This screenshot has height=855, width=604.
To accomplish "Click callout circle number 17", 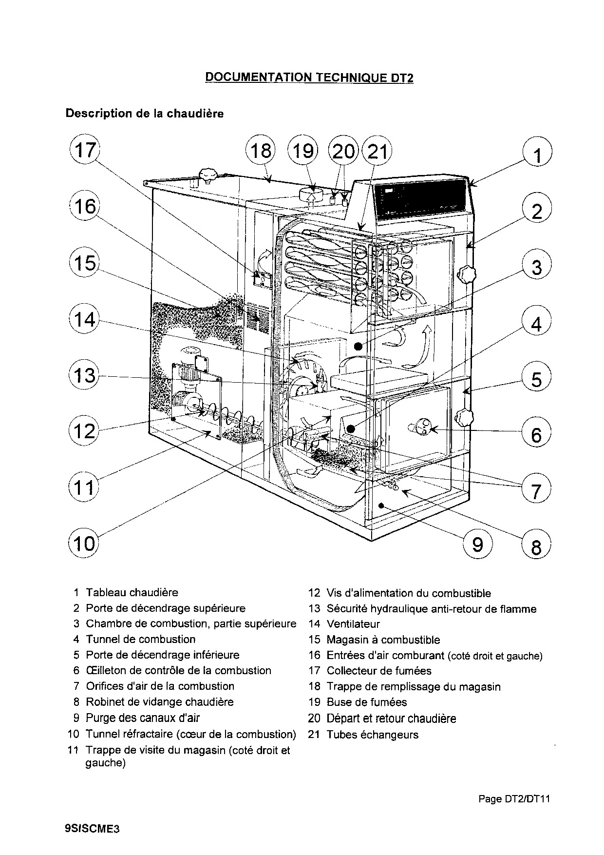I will pos(85,150).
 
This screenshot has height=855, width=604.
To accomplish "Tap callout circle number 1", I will pos(537,155).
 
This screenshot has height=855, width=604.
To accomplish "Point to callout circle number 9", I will pos(477,544).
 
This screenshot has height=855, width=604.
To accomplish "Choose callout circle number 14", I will pos(85,320).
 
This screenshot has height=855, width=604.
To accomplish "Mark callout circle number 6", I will pos(536,434).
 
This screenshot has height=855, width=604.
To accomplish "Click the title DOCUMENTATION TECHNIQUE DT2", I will pos(309,77).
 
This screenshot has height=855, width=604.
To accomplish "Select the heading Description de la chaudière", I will pos(145,114).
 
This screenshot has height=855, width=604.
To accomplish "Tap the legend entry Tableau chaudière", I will pos(132,593).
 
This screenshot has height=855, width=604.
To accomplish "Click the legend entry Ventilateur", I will pos(353,624).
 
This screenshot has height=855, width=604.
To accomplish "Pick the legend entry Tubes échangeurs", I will pos(372,735).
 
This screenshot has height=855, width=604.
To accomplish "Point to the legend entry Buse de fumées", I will pos(366,702).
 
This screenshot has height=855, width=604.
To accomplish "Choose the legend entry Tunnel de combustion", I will pos(140,639).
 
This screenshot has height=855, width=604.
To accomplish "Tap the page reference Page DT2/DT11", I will pos(514,798).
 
